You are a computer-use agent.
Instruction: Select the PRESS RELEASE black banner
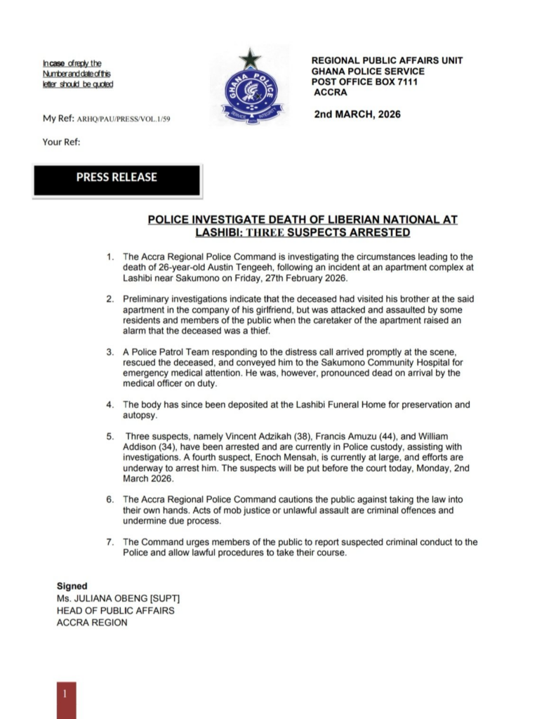point(117,178)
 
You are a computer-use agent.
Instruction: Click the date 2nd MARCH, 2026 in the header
point(358,114)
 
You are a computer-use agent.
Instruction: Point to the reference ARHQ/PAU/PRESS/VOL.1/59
point(123,119)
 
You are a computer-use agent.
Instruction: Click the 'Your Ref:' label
point(62,142)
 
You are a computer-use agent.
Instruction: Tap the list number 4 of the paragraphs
point(110,405)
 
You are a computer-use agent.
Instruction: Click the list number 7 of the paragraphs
point(110,542)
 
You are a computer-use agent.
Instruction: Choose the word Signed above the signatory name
point(72,586)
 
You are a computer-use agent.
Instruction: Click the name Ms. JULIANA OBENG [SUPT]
point(119,598)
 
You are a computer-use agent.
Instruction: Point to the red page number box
point(66,698)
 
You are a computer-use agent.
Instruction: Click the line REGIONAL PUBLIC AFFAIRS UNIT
point(387,61)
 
